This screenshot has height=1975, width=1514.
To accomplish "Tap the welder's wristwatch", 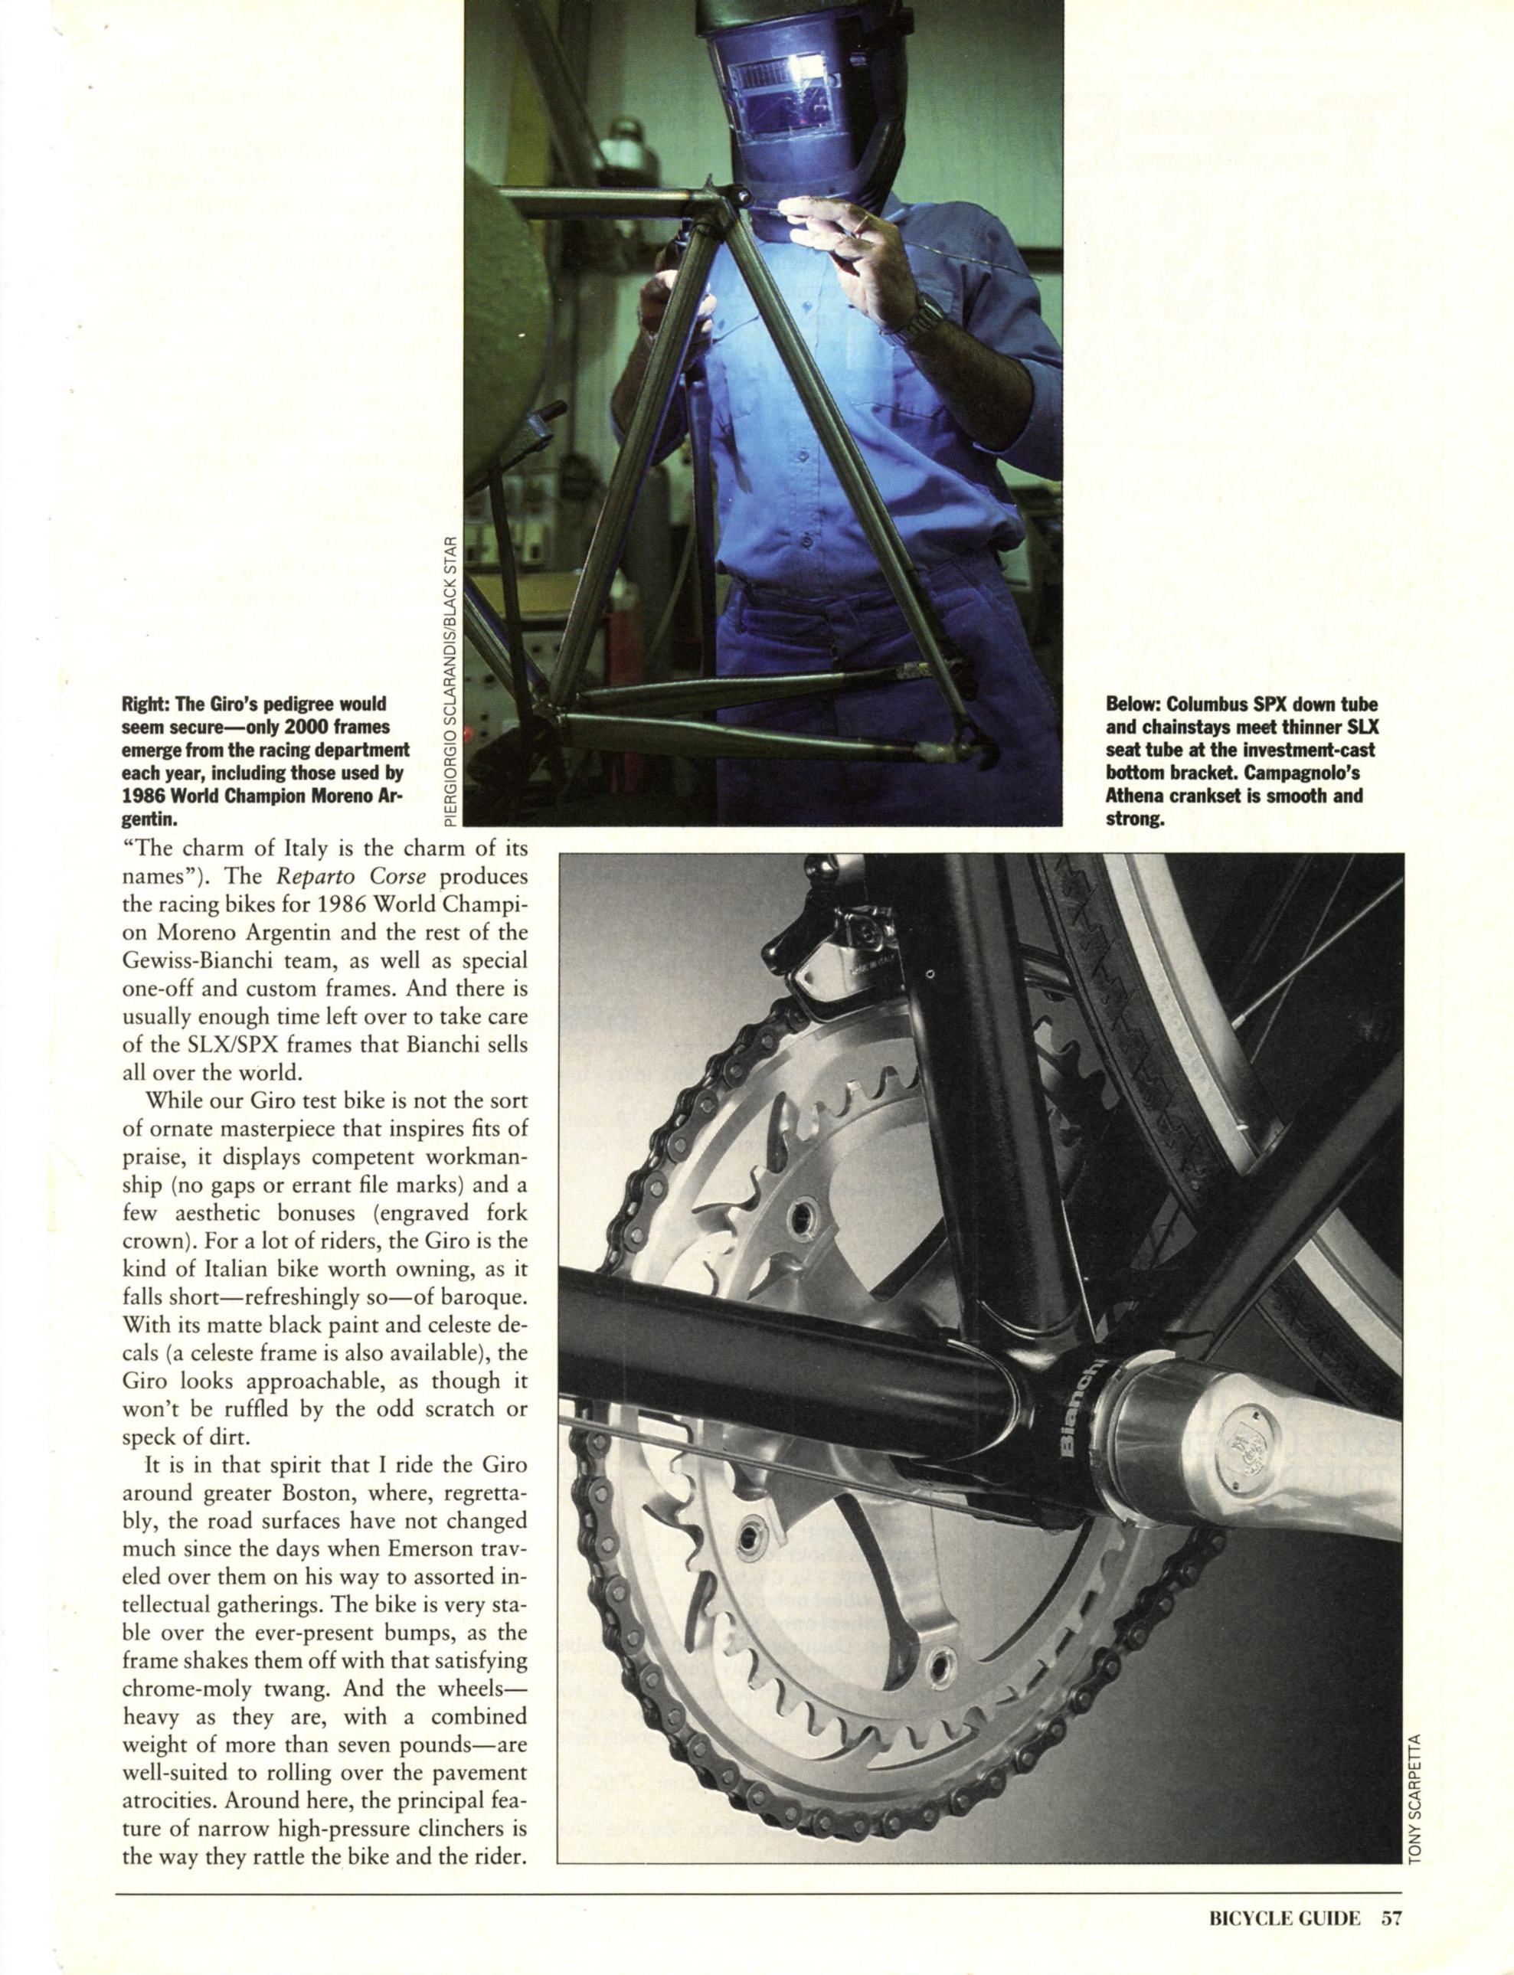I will (x=914, y=321).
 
